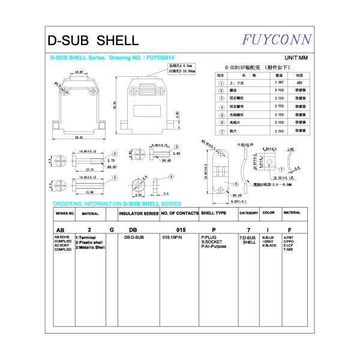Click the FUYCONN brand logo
pos(277,40)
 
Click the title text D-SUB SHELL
pos(93,41)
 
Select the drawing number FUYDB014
pos(157,58)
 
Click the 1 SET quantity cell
pos(279,82)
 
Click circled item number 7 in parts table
pos(222,130)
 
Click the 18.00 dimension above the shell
pos(79,72)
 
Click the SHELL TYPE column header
pos(214,212)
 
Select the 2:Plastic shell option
pos(89,242)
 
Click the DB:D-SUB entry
pos(134,238)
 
